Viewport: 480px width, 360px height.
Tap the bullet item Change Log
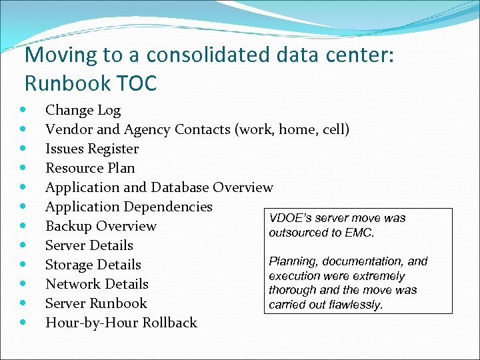click(x=83, y=110)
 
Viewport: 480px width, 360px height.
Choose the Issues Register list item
click(x=92, y=149)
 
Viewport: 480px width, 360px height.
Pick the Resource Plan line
click(x=90, y=168)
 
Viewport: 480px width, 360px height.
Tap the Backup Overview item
click(x=101, y=226)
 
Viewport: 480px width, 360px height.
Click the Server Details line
click(x=89, y=245)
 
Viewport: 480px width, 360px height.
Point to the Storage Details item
click(x=93, y=265)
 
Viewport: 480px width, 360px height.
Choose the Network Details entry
click(x=97, y=284)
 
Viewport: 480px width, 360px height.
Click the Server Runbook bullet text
click(x=96, y=303)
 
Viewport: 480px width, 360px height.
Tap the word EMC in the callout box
click(x=359, y=233)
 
